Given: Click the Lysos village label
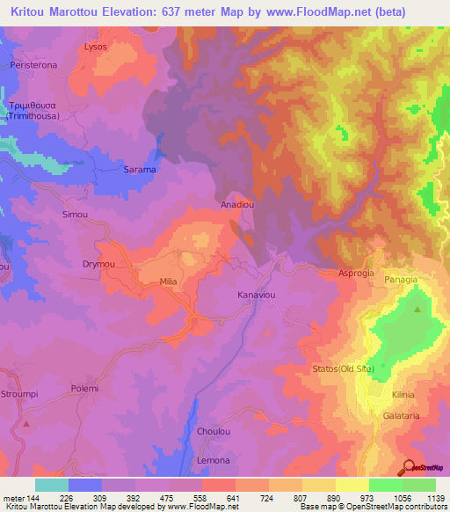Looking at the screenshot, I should tap(95, 46).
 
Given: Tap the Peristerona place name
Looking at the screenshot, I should tap(33, 67).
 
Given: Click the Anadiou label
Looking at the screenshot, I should tap(236, 205).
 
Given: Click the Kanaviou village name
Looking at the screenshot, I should tap(257, 296).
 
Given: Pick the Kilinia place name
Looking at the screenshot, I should tap(404, 395).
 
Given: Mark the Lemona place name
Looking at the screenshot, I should tap(214, 461).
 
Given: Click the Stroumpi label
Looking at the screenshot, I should tap(18, 393).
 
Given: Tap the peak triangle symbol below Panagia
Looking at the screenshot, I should tap(417, 310).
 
